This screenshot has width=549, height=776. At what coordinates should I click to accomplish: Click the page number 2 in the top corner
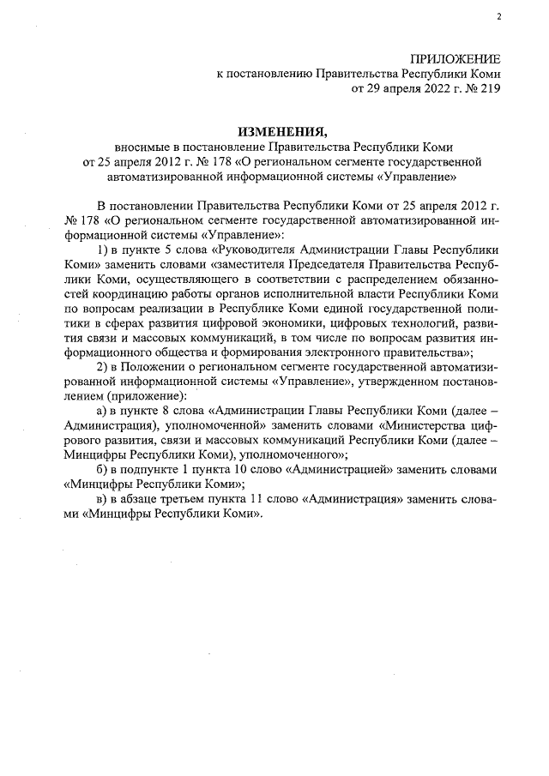[x=498, y=16]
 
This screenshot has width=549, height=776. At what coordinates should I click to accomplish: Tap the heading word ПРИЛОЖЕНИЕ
[x=455, y=58]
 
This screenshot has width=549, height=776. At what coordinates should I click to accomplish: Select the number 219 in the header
[x=489, y=87]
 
